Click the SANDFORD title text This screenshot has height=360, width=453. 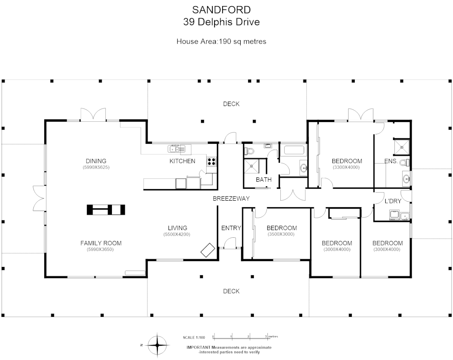221,10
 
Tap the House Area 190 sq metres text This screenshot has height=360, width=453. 221,41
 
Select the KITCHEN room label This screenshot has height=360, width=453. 182,161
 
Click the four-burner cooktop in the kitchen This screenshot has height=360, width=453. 211,162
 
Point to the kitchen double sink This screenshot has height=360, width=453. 177,149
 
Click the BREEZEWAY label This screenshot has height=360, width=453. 231,198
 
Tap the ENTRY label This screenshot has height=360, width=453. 231,228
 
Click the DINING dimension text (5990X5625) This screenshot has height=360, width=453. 96,167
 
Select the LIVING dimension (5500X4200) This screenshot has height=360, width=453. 177,234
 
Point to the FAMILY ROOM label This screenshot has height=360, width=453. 101,243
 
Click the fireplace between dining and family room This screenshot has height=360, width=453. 106,210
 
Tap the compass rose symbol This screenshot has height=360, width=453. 157,345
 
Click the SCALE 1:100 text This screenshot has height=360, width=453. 194,338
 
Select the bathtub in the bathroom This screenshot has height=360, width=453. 294,150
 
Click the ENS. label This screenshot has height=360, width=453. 391,161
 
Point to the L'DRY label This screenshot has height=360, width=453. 393,201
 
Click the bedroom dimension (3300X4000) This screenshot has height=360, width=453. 346,167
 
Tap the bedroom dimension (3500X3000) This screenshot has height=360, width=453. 281,234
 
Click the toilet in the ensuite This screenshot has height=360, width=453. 404,162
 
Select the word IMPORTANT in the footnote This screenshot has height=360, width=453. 199,347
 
